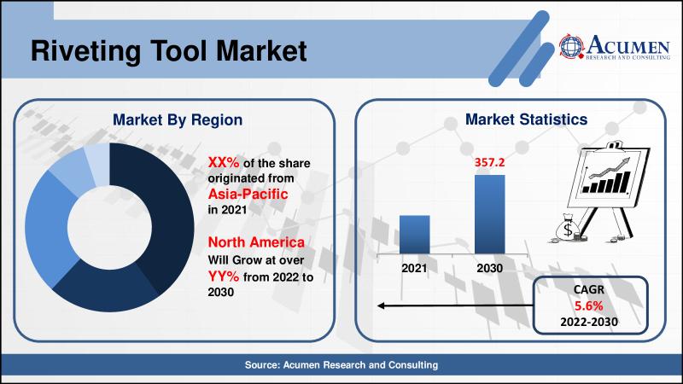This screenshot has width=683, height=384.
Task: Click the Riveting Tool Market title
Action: click(168, 51)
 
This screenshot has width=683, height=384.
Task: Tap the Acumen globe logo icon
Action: click(571, 46)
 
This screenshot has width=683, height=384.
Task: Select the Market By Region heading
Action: click(178, 119)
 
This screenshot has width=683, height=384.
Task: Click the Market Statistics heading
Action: click(526, 119)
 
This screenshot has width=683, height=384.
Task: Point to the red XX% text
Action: click(224, 162)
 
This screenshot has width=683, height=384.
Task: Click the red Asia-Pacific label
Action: click(248, 194)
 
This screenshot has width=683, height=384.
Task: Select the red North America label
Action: click(256, 242)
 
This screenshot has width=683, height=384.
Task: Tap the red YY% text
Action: click(224, 276)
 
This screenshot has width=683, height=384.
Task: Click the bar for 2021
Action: click(415, 235)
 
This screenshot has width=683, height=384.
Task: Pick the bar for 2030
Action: click(489, 215)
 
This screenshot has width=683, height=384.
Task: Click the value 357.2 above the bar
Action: click(489, 162)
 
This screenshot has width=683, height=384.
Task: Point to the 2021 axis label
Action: click(414, 268)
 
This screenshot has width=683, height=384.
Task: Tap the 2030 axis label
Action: click(489, 268)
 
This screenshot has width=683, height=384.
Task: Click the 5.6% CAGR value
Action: click(589, 306)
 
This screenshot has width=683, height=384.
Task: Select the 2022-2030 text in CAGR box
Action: click(589, 323)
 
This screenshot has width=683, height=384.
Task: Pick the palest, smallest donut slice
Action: click(96, 163)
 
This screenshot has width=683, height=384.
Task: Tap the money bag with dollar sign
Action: click(567, 228)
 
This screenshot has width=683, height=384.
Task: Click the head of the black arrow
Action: click(380, 306)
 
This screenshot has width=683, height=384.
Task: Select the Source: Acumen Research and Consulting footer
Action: click(341, 365)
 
